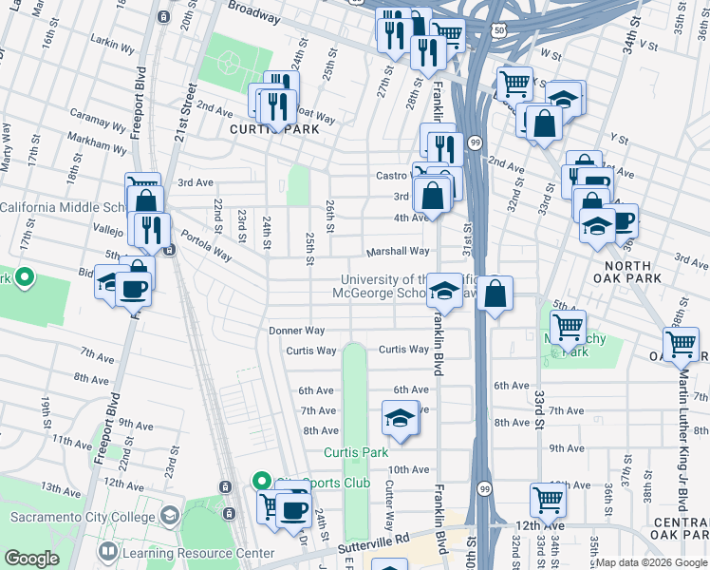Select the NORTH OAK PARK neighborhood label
pyautogui.click(x=622, y=272)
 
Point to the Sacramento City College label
pyautogui.click(x=83, y=518)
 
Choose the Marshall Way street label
pyautogui.click(x=399, y=252)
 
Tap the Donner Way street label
pyautogui.click(x=297, y=331)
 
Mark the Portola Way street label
pyautogui.click(x=206, y=248)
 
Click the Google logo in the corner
pyautogui.click(x=31, y=559)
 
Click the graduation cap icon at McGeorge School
pyautogui.click(x=443, y=290)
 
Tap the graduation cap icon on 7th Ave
pyautogui.click(x=401, y=417)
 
